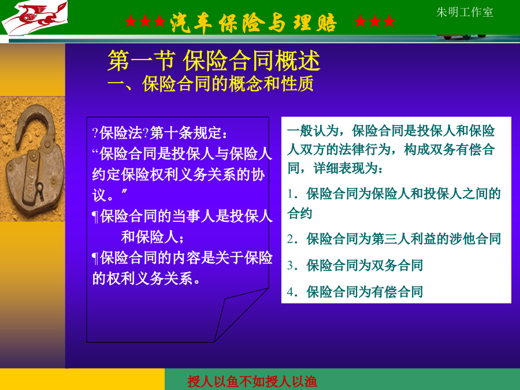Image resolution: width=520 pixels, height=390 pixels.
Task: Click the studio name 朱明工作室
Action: pyautogui.click(x=465, y=12)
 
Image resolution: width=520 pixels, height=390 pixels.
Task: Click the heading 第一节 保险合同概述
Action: pyautogui.click(x=214, y=61)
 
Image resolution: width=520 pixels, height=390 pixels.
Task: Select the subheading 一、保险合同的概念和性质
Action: pyautogui.click(x=210, y=84)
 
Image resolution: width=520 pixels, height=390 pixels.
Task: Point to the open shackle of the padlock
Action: pyautogui.click(x=35, y=122)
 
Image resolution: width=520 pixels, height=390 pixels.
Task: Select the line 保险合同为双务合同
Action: pyautogui.click(x=365, y=265)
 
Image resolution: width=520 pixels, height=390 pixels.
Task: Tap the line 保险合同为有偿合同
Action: pyautogui.click(x=365, y=292)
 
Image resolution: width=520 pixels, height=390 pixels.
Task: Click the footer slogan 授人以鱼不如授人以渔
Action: pyautogui.click(x=252, y=381)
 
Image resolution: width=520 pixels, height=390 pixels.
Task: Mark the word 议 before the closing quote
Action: pyautogui.click(x=99, y=195)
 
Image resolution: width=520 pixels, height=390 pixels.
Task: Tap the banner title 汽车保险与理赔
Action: pyautogui.click(x=254, y=23)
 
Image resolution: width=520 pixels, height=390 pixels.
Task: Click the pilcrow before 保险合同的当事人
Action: pyautogui.click(x=95, y=217)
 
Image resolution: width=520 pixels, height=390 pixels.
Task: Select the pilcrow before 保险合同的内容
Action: pyautogui.click(x=95, y=258)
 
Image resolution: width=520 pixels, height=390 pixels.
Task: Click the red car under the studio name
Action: pyautogui.click(x=462, y=36)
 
